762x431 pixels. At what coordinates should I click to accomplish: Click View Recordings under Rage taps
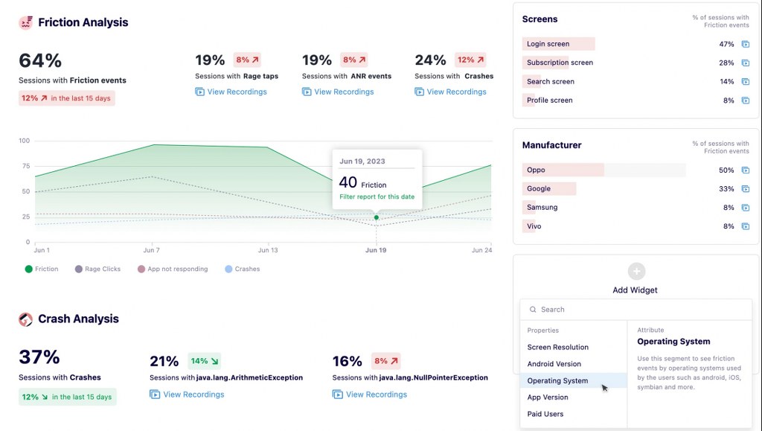tap(231, 92)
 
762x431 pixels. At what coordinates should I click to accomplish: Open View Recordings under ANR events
tap(338, 92)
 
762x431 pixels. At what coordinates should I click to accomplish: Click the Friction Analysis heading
tap(83, 22)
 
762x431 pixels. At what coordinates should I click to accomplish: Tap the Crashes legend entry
tap(243, 269)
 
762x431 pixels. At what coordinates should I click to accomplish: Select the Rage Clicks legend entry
tap(97, 269)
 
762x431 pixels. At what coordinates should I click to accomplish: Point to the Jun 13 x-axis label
tap(268, 250)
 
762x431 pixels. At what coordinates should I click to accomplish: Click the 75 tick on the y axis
tap(26, 166)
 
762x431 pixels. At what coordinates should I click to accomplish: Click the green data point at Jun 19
tap(376, 217)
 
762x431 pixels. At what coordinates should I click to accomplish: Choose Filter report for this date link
tap(377, 197)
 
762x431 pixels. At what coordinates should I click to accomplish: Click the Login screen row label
tap(548, 44)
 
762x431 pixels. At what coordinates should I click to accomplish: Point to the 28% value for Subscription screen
tap(726, 63)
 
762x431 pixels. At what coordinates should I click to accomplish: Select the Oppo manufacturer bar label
tap(536, 170)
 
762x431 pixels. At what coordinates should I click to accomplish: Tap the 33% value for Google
tap(726, 189)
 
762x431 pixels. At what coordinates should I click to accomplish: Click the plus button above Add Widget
tap(636, 271)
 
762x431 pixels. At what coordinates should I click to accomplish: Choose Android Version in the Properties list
tap(554, 364)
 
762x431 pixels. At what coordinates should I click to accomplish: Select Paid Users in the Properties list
tap(545, 414)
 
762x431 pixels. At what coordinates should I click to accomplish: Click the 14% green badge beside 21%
tap(204, 361)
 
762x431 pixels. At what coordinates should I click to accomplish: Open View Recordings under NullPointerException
tap(370, 395)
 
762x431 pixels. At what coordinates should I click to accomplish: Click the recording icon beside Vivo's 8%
tap(746, 226)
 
